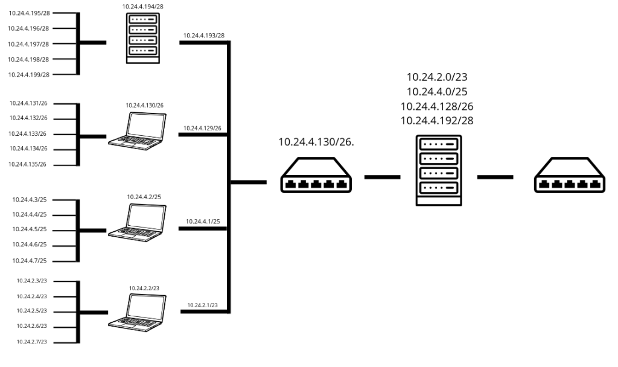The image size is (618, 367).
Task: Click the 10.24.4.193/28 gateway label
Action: (x=204, y=36)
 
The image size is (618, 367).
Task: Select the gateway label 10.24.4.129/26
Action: (x=202, y=129)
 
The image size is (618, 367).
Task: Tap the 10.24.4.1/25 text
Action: (x=202, y=222)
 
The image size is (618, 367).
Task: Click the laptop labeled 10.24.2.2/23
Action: (x=136, y=310)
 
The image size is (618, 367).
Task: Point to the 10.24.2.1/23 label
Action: (x=202, y=305)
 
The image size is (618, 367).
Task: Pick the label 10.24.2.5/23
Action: (x=32, y=311)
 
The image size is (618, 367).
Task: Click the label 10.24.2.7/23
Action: (x=32, y=342)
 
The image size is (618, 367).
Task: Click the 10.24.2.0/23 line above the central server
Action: (x=438, y=77)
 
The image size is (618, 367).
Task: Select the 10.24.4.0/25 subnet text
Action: (x=438, y=92)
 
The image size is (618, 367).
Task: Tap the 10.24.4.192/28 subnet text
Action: (x=438, y=120)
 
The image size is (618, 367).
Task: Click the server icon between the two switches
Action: (x=438, y=171)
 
